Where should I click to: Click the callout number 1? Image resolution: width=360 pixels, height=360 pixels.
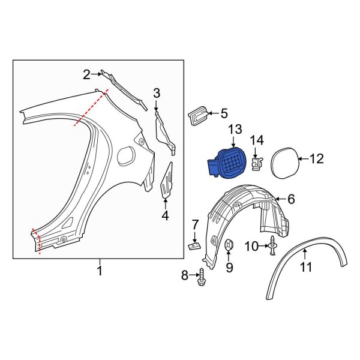pyautogui.click(x=100, y=271)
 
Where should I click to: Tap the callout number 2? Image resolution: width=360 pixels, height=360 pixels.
pyautogui.click(x=87, y=74)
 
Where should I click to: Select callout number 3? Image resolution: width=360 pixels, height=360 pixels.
pyautogui.click(x=157, y=92)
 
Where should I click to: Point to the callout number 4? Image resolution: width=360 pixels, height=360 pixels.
pyautogui.click(x=165, y=215)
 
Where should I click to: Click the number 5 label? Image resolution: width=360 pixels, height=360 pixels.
pyautogui.click(x=224, y=113)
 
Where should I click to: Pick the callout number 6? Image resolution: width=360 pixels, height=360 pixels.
pyautogui.click(x=291, y=199)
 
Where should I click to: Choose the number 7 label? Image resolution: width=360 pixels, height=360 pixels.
pyautogui.click(x=195, y=224)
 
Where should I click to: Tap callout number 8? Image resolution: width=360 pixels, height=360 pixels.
pyautogui.click(x=185, y=276)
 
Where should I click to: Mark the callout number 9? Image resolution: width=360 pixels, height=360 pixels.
pyautogui.click(x=229, y=268)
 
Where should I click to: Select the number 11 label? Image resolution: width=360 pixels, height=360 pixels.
pyautogui.click(x=306, y=268)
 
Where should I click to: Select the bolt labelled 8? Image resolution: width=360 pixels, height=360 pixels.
pyautogui.click(x=201, y=277)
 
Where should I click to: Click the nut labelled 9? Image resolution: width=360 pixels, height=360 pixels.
pyautogui.click(x=229, y=245)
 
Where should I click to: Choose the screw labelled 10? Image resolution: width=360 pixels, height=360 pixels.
pyautogui.click(x=273, y=246)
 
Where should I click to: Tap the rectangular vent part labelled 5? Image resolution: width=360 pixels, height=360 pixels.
pyautogui.click(x=197, y=116)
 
